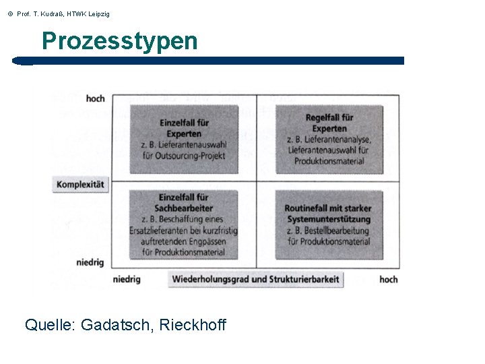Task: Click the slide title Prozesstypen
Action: coord(119,41)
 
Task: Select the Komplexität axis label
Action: coord(81,185)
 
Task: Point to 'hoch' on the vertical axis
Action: coord(95,98)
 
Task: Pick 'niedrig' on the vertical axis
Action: coord(90,262)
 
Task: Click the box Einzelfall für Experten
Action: coord(184,139)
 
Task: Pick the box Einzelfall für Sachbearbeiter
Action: coord(184,224)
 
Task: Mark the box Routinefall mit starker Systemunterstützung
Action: coord(329,224)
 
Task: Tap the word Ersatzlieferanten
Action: coord(158,231)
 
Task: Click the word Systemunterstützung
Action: coord(329,219)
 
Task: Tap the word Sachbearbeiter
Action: coord(184,208)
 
